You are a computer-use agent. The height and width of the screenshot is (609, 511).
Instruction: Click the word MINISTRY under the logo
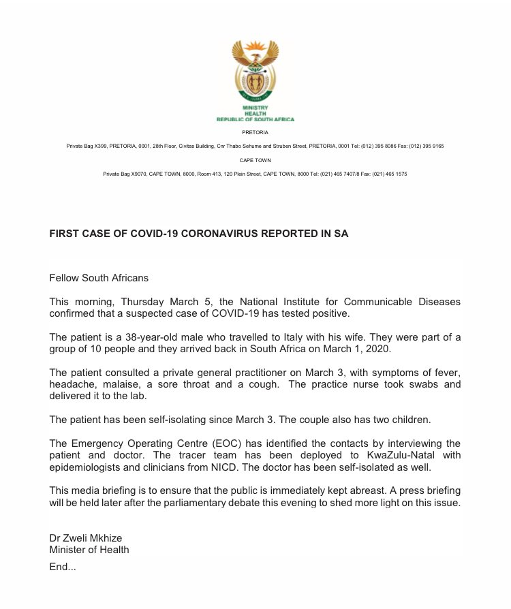[255, 108]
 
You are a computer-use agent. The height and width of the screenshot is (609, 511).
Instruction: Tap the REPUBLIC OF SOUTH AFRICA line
[255, 119]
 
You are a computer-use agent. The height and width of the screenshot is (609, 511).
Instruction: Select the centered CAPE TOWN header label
[255, 160]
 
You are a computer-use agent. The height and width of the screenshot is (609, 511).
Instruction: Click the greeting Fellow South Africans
[99, 278]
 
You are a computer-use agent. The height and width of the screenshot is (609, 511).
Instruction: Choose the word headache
[70, 385]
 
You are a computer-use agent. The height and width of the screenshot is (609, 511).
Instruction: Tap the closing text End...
[62, 566]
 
